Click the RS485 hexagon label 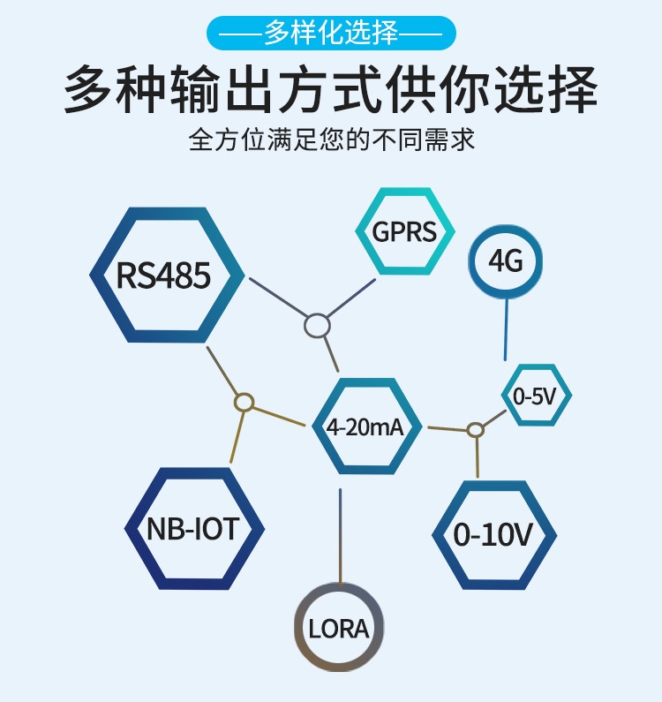164,275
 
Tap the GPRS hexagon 404,231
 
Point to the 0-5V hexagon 536,396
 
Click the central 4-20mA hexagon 365,426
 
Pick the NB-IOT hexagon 193,529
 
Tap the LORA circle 339,628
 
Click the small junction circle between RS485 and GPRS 317,326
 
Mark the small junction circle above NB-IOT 244,403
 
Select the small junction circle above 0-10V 476,430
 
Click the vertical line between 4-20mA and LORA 340,534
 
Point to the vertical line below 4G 506,328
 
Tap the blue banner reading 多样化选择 331,34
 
